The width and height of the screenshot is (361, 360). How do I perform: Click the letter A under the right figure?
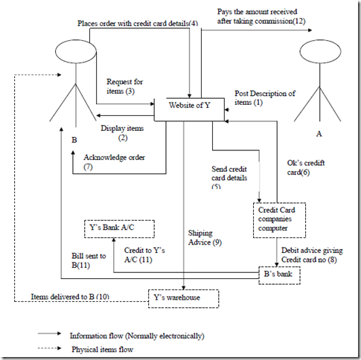[x=319, y=134]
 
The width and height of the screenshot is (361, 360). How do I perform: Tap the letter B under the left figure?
[x=74, y=140]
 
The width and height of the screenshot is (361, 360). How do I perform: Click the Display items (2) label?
[x=122, y=133]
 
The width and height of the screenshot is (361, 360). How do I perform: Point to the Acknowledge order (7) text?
[x=114, y=162]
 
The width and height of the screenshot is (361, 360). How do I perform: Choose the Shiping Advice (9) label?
[x=205, y=237]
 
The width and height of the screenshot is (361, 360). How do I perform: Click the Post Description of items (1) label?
[x=265, y=97]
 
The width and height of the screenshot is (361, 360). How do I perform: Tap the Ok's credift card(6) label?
[x=306, y=167]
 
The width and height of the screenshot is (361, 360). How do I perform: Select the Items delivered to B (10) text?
[x=70, y=297]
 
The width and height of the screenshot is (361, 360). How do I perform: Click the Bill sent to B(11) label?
[x=89, y=260]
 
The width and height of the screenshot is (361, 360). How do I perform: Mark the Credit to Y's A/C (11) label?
[x=144, y=255]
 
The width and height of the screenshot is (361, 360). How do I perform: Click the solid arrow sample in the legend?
[x=49, y=333]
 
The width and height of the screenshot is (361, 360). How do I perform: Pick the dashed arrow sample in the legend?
[x=49, y=348]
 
